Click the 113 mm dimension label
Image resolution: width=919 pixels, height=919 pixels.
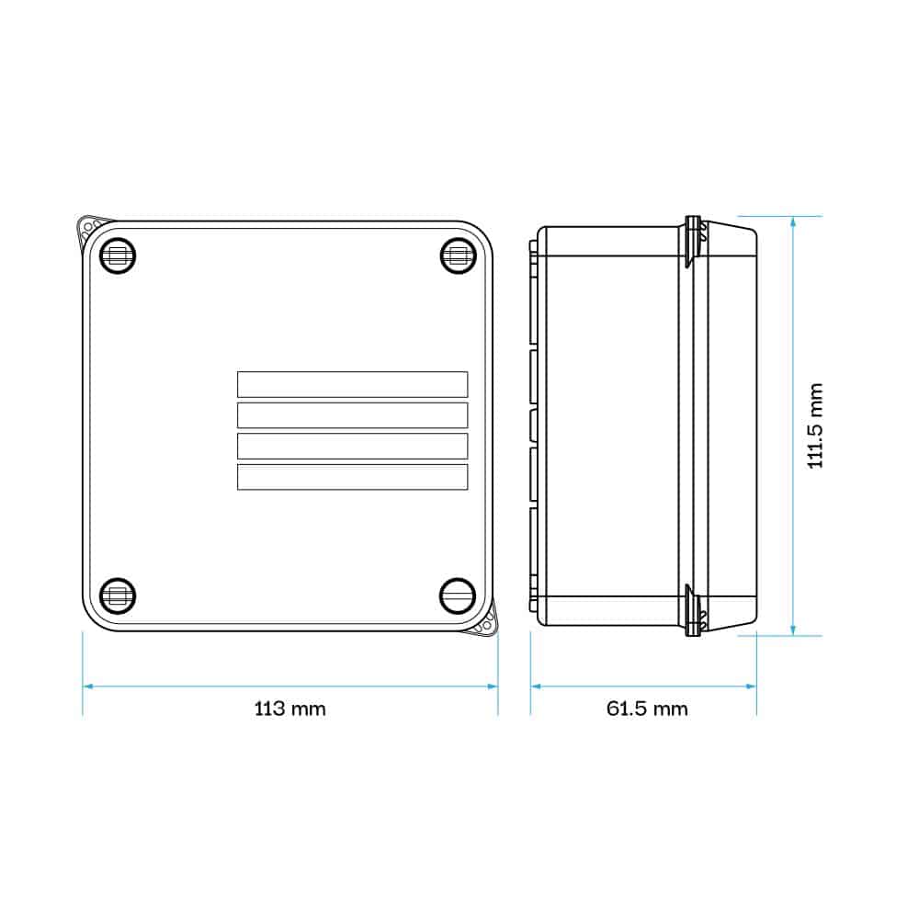tap(289, 709)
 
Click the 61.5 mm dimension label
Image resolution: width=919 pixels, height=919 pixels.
tap(646, 709)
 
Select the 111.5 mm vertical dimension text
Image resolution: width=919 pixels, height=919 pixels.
tap(814, 425)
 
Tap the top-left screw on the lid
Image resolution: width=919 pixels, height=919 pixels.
tap(118, 255)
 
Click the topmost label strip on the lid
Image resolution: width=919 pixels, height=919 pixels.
tap(352, 384)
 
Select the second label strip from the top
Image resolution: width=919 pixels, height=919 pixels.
tap(352, 414)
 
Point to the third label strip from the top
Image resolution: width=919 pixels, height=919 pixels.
tap(352, 446)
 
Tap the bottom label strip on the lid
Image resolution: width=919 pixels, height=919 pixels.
tap(352, 476)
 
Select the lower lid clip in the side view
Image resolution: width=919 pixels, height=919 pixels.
tap(694, 610)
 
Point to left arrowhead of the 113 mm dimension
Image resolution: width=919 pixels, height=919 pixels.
tap(87, 686)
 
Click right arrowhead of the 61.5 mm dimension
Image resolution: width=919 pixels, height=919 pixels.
tap(752, 686)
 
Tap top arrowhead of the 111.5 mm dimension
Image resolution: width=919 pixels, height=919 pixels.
tap(793, 221)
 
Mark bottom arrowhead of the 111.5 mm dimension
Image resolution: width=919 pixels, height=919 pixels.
tap(793, 630)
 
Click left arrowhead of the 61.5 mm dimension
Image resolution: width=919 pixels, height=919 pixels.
tap(536, 686)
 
